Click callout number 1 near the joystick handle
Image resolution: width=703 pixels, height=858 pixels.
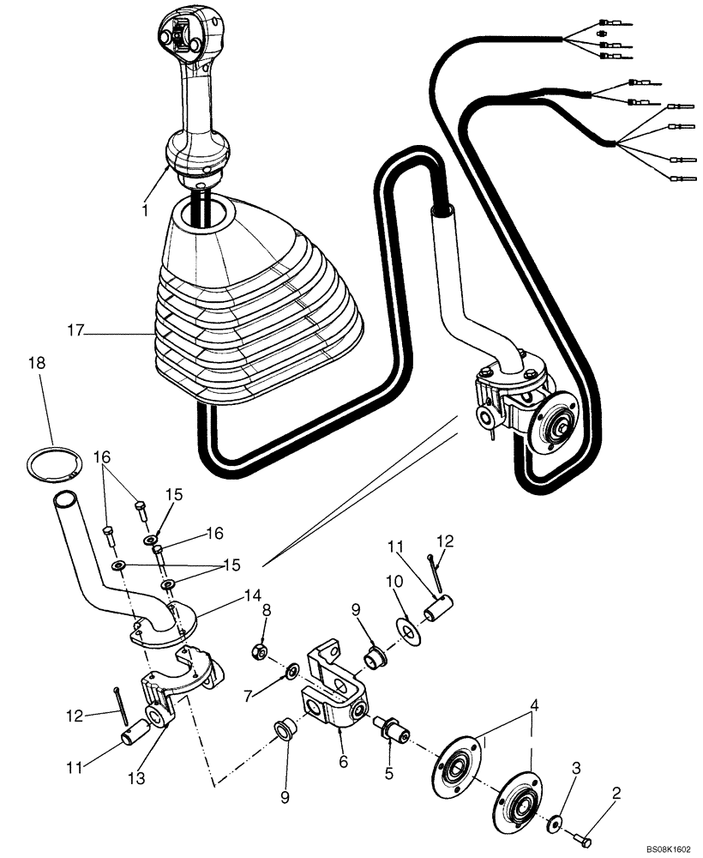(x=145, y=209)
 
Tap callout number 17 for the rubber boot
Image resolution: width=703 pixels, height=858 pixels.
(x=76, y=328)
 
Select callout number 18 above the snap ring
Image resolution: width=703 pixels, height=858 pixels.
(x=36, y=364)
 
